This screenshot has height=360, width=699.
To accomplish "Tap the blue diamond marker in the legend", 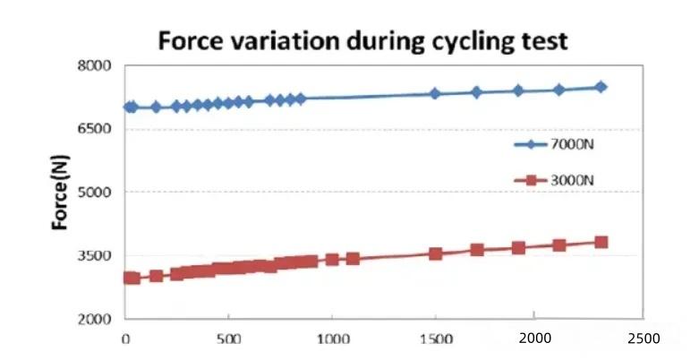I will (x=531, y=144).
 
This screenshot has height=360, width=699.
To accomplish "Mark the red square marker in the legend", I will (x=531, y=181).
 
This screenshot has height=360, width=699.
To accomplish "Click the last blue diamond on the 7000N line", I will (x=601, y=87).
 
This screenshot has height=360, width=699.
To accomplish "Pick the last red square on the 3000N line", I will (x=601, y=242).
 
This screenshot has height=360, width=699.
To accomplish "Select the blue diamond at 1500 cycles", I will (x=435, y=93).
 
